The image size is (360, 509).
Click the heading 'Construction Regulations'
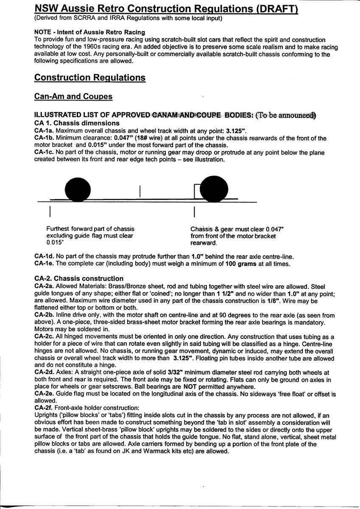tap(90, 78)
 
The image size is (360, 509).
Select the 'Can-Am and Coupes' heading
tap(73, 96)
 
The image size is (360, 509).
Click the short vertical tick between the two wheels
tap(140, 192)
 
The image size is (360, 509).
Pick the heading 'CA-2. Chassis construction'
tap(78, 279)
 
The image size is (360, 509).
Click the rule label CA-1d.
tap(44, 257)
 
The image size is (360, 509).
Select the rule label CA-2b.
tap(44, 315)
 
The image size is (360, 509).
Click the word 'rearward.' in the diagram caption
tap(204, 243)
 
